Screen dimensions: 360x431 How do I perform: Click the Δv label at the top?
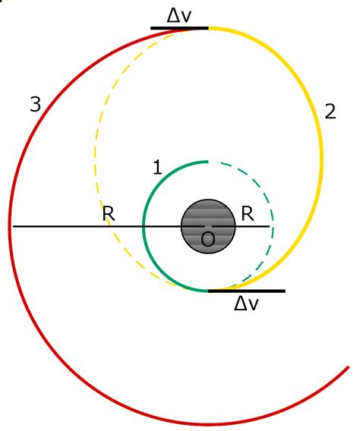click(178, 16)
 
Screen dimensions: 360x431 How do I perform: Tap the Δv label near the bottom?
click(246, 304)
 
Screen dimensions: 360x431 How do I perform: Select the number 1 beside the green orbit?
click(157, 167)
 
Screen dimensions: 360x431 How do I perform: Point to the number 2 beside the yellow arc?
click(330, 112)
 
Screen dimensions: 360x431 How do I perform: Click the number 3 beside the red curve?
click(36, 105)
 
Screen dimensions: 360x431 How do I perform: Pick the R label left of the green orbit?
click(109, 213)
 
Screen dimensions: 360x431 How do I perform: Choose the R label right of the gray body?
click(248, 213)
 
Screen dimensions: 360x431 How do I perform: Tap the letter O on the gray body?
click(207, 239)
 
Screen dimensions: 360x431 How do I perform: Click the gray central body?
click(208, 226)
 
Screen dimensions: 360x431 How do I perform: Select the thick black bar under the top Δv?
click(179, 28)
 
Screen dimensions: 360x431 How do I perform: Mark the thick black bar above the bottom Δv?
click(247, 291)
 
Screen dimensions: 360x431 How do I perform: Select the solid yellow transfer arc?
click(321, 159)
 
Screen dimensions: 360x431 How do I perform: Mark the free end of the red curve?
click(349, 367)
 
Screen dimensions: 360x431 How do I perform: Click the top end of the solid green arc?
click(208, 162)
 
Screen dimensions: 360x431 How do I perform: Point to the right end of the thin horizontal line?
click(270, 226)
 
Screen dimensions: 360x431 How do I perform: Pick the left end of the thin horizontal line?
click(13, 226)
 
